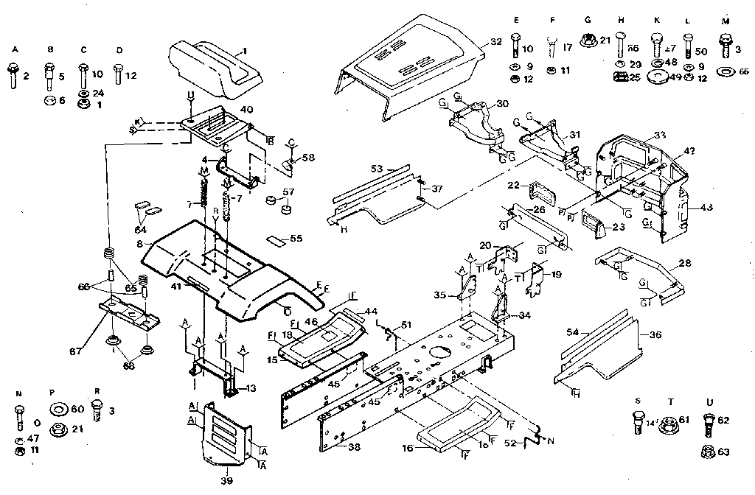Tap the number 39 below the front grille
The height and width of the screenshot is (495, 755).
tap(218, 481)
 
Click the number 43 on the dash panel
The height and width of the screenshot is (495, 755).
tap(707, 208)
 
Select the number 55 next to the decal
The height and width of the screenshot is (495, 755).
tap(296, 239)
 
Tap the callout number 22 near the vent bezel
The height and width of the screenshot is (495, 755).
tap(514, 184)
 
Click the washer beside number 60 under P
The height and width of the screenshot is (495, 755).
tap(56, 409)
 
